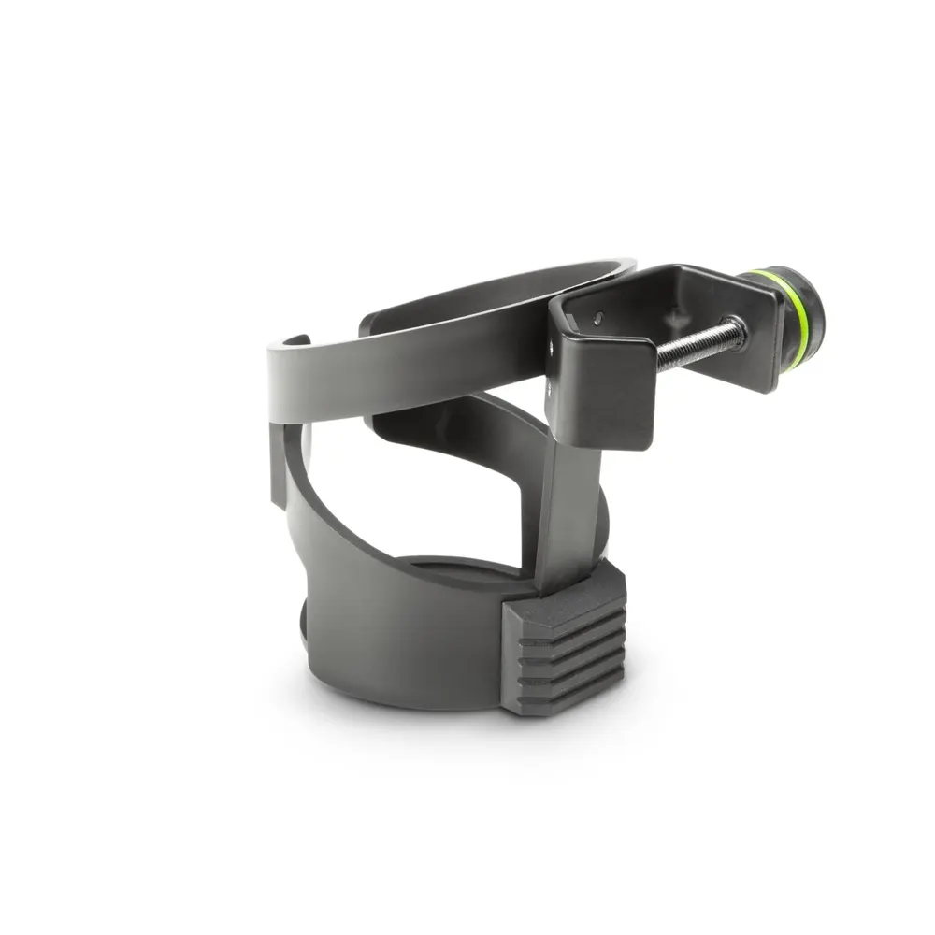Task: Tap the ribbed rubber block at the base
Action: click(x=564, y=644)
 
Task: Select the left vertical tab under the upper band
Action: click(x=280, y=463)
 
